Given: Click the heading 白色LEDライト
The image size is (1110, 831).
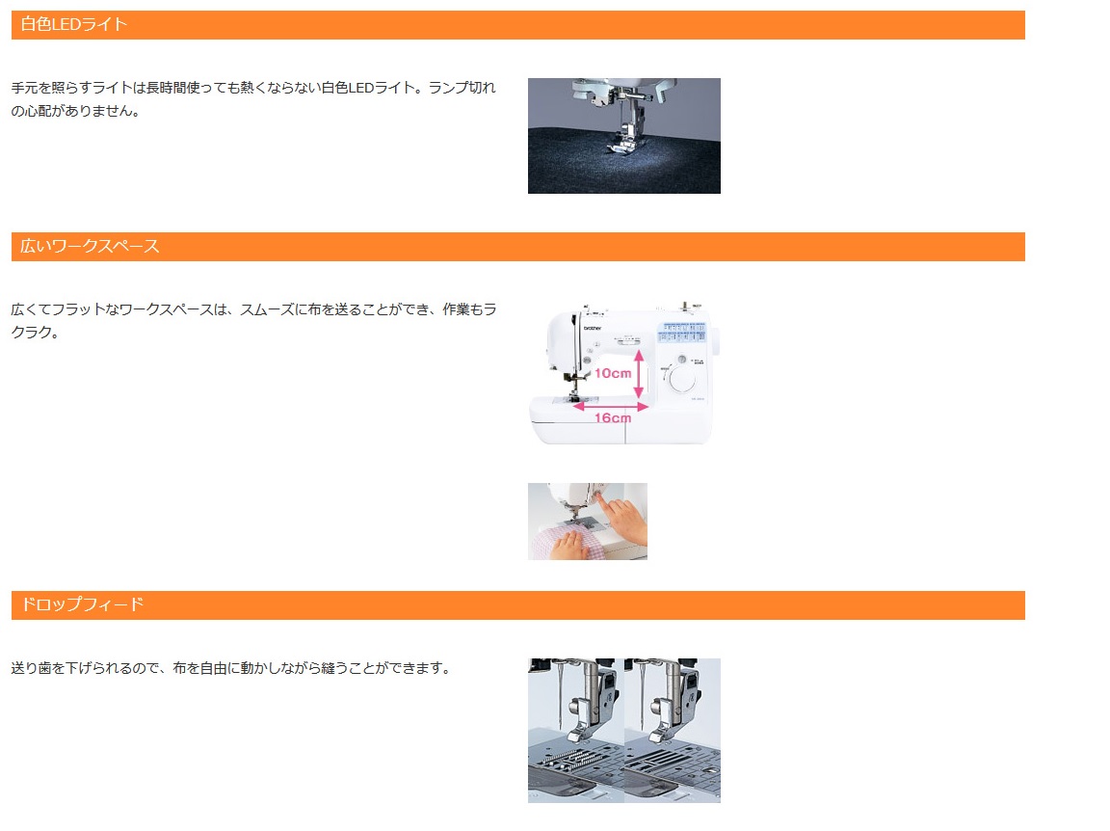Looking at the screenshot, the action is (x=73, y=24).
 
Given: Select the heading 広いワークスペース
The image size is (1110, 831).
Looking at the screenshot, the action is (x=90, y=246).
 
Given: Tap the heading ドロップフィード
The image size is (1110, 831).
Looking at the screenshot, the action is (x=82, y=604).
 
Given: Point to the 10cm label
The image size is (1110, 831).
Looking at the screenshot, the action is (x=613, y=373).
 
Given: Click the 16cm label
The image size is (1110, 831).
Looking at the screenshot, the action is (x=613, y=418).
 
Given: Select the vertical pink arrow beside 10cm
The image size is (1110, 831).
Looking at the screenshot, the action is (x=639, y=373).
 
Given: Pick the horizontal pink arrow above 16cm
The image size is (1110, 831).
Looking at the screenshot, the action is (x=611, y=407).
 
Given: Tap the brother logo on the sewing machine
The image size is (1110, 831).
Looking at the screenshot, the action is (x=592, y=328).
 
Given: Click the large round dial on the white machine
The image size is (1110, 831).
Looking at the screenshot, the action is (x=682, y=379).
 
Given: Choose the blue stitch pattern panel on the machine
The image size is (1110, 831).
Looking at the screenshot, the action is (x=682, y=333).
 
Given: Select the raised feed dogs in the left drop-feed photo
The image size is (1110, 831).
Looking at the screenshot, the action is (x=567, y=761).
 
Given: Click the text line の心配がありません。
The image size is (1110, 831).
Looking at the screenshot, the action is (x=76, y=111).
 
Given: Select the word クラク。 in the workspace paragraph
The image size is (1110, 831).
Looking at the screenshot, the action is (x=36, y=333).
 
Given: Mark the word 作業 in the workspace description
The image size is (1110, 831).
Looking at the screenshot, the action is (x=456, y=308).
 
